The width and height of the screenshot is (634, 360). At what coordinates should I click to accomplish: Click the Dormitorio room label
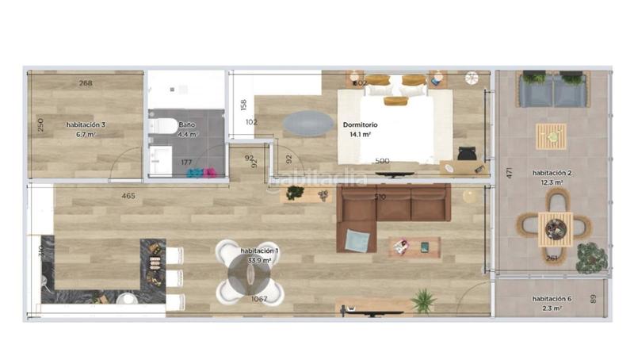(x=360, y=125)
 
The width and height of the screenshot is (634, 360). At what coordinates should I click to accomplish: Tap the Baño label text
(x=186, y=125)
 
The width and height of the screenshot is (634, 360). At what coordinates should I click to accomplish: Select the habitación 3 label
(x=86, y=125)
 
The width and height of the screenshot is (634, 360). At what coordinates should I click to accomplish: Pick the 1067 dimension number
(x=259, y=299)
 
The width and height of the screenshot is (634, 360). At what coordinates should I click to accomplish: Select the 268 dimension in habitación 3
(x=86, y=83)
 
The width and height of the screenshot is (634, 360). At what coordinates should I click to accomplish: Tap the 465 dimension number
(x=128, y=196)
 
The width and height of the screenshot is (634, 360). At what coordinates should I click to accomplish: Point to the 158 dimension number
(x=244, y=105)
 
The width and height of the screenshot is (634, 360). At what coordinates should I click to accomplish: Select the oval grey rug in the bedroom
(x=308, y=123)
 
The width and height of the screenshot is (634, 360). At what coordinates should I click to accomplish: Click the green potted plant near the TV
(x=422, y=301)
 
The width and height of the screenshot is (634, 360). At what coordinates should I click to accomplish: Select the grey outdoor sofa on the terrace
(x=552, y=90)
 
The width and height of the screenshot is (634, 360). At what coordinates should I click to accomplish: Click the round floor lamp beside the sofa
(x=472, y=196)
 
